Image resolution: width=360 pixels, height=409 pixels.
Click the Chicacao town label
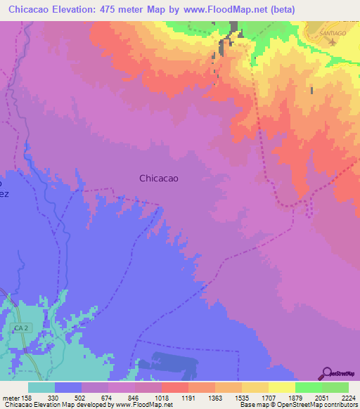click(158, 178)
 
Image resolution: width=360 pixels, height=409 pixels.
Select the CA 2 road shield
click(21, 328)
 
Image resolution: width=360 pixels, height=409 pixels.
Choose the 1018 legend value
click(162, 397)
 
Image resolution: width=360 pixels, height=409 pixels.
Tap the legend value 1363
click(216, 397)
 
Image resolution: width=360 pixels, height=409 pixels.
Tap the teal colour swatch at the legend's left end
click(41, 387)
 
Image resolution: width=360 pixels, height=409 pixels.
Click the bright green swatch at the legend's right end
click(335, 387)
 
